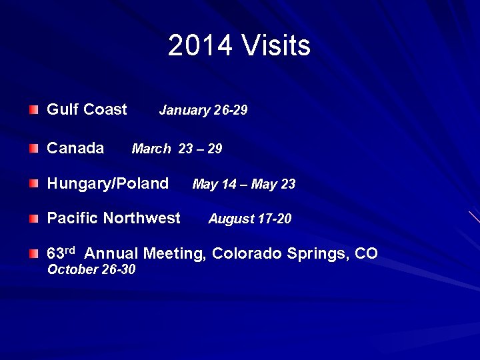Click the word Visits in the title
coord(276,46)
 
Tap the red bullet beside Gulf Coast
coord(34,109)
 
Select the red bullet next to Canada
coord(34,148)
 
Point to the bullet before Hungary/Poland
coord(34,183)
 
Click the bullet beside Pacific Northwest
coord(34,218)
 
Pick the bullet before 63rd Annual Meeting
coord(34,253)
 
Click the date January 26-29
coord(203,111)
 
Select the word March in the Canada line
coord(151,149)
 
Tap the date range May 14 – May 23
coord(243,184)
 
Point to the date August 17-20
coord(249,219)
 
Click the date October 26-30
coord(91,269)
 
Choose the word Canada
coord(75,148)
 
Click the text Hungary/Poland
coord(107,183)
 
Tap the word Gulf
coord(60,109)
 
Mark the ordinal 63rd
coord(60,253)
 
